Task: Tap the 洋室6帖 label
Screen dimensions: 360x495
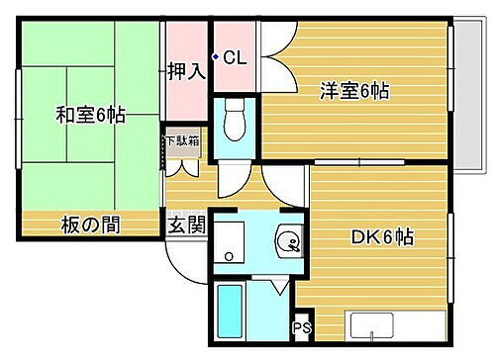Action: [353, 92]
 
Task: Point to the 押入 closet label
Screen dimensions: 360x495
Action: [185, 71]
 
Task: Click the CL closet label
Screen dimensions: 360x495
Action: [235, 58]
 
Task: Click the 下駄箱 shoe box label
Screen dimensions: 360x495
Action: [182, 140]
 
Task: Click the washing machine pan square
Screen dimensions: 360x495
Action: [230, 242]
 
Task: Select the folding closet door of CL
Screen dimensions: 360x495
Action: [272, 49]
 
